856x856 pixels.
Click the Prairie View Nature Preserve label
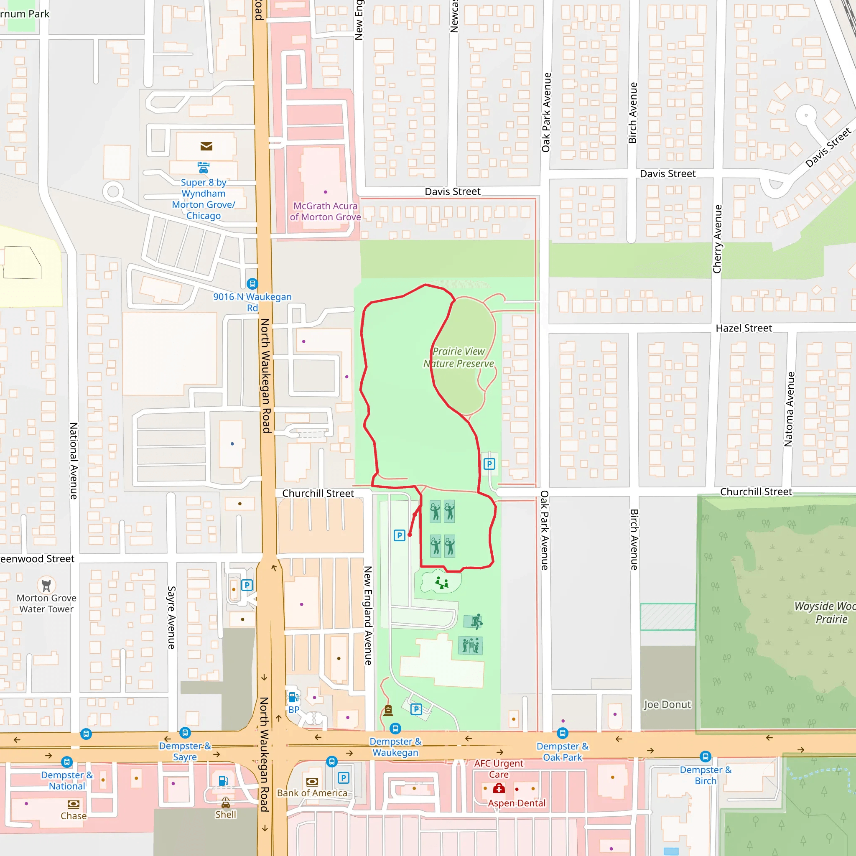(x=459, y=357)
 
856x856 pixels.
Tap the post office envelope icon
(x=206, y=146)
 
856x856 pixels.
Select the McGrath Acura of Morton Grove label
(x=325, y=211)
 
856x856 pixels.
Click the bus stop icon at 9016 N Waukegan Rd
(x=252, y=283)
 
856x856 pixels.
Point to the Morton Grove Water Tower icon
(x=46, y=585)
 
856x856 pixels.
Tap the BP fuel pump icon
(x=293, y=698)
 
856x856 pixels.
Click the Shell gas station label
(x=226, y=814)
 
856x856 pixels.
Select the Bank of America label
(x=312, y=793)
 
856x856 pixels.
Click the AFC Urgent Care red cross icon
(x=499, y=788)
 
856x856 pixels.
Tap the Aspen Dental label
(x=517, y=803)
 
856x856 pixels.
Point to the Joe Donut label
(x=667, y=704)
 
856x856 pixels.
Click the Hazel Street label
(x=744, y=328)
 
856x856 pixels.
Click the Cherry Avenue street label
(x=717, y=239)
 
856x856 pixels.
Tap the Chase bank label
(x=74, y=816)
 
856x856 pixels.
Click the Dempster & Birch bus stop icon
(x=706, y=756)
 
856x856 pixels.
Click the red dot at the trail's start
(x=410, y=535)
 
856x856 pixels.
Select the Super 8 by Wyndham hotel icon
(x=204, y=168)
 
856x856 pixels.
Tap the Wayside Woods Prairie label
(x=824, y=612)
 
